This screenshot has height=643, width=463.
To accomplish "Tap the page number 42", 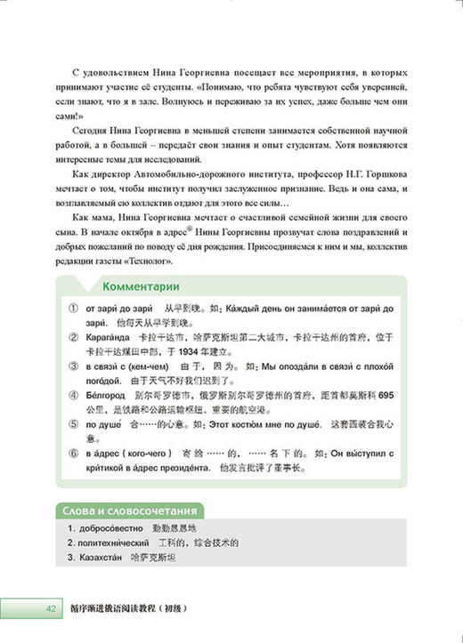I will coord(27,609).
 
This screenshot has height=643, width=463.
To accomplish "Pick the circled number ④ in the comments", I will coord(70,394).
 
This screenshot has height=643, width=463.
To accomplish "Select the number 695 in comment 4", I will coord(391,394).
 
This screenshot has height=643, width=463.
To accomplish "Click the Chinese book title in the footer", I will coord(134,609).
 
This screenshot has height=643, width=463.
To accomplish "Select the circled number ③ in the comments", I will coord(70,365).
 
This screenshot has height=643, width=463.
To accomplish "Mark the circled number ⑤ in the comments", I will coord(70,423).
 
